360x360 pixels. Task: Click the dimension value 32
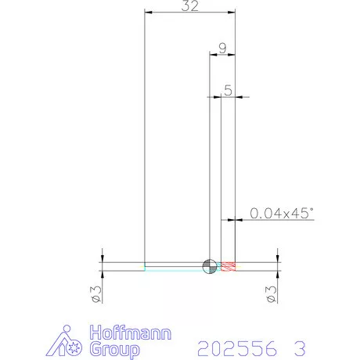click(x=190, y=5)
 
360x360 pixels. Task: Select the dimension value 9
click(x=222, y=49)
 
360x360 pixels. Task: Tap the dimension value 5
click(x=228, y=90)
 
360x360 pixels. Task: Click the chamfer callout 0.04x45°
click(x=282, y=213)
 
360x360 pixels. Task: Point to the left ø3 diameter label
click(x=96, y=294)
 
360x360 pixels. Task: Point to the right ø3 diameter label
click(x=271, y=294)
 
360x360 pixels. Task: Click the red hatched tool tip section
click(x=229, y=266)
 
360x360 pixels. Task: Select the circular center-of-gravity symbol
click(x=210, y=266)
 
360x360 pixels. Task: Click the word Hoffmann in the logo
click(x=131, y=332)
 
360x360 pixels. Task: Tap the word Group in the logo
click(x=115, y=349)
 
